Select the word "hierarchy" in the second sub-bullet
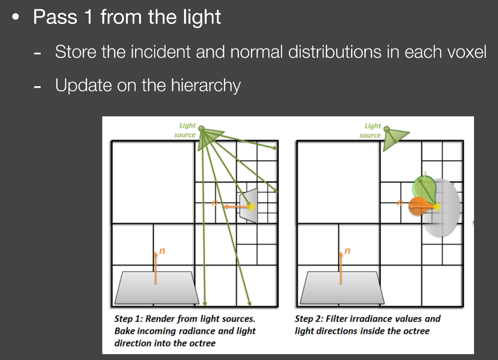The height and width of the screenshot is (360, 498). pos(206,86)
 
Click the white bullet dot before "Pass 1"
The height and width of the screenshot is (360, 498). pos(15,17)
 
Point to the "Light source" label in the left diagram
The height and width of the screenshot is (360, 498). pos(185,130)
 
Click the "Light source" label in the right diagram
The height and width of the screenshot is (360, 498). pos(370,130)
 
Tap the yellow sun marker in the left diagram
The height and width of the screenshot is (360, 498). pos(252,207)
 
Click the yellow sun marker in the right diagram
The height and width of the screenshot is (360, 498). pos(437,207)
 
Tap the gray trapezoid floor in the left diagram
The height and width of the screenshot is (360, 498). pos(157,288)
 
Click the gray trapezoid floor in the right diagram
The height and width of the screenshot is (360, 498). pos(342,288)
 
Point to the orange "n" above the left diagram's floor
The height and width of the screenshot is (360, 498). pos(162,251)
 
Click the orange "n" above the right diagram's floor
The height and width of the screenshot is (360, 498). pos(348,251)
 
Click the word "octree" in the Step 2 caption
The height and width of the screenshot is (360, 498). pos(416,331)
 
